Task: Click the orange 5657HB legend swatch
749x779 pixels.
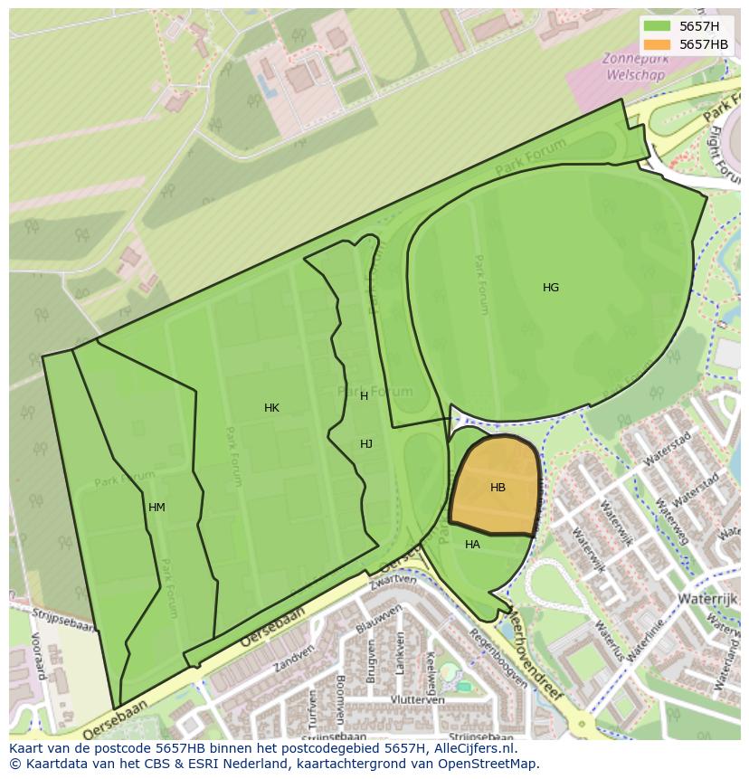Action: click(658, 44)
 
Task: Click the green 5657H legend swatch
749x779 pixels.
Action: click(658, 27)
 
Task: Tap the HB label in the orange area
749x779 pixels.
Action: click(498, 488)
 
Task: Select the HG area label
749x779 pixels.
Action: click(551, 288)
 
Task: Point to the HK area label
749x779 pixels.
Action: click(271, 408)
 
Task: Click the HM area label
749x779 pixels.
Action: click(156, 508)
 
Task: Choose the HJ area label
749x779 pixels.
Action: click(366, 444)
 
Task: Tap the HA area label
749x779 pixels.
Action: click(472, 545)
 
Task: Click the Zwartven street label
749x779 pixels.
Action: click(393, 580)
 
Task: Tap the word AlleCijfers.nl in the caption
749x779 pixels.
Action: click(471, 748)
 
